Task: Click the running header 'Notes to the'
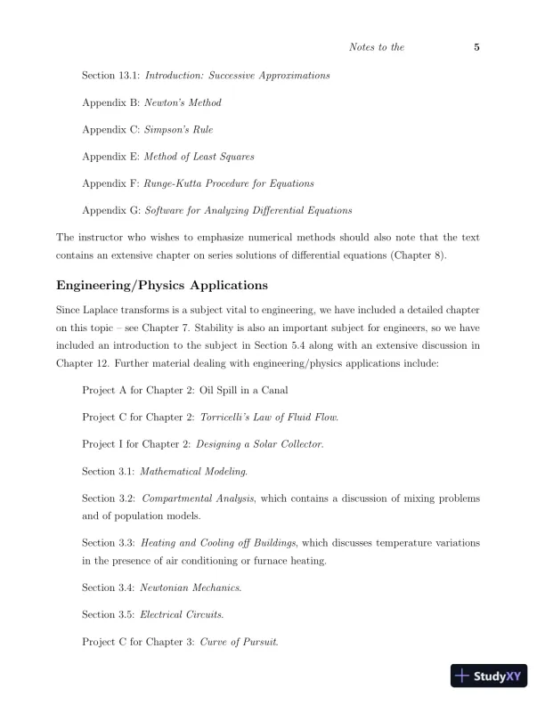(378, 47)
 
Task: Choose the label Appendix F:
(110, 183)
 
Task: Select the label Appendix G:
(110, 210)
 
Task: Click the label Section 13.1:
(110, 76)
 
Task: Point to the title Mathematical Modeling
(194, 470)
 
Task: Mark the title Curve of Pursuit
(239, 641)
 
